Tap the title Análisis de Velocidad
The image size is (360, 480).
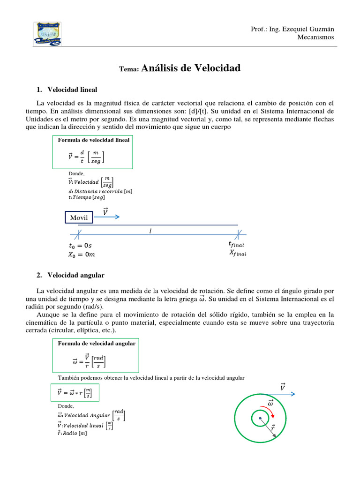click(x=190, y=68)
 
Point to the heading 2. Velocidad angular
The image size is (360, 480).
click(x=75, y=275)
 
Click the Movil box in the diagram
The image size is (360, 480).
click(x=79, y=217)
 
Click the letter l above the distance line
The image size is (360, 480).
click(x=150, y=231)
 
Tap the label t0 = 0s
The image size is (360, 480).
click(x=84, y=245)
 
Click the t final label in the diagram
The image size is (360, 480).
click(x=236, y=244)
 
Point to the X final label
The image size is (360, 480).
click(x=238, y=253)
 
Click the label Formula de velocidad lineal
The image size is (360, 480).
click(x=93, y=140)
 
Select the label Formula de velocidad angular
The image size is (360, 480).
click(x=96, y=343)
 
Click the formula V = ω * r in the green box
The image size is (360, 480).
click(x=74, y=393)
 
